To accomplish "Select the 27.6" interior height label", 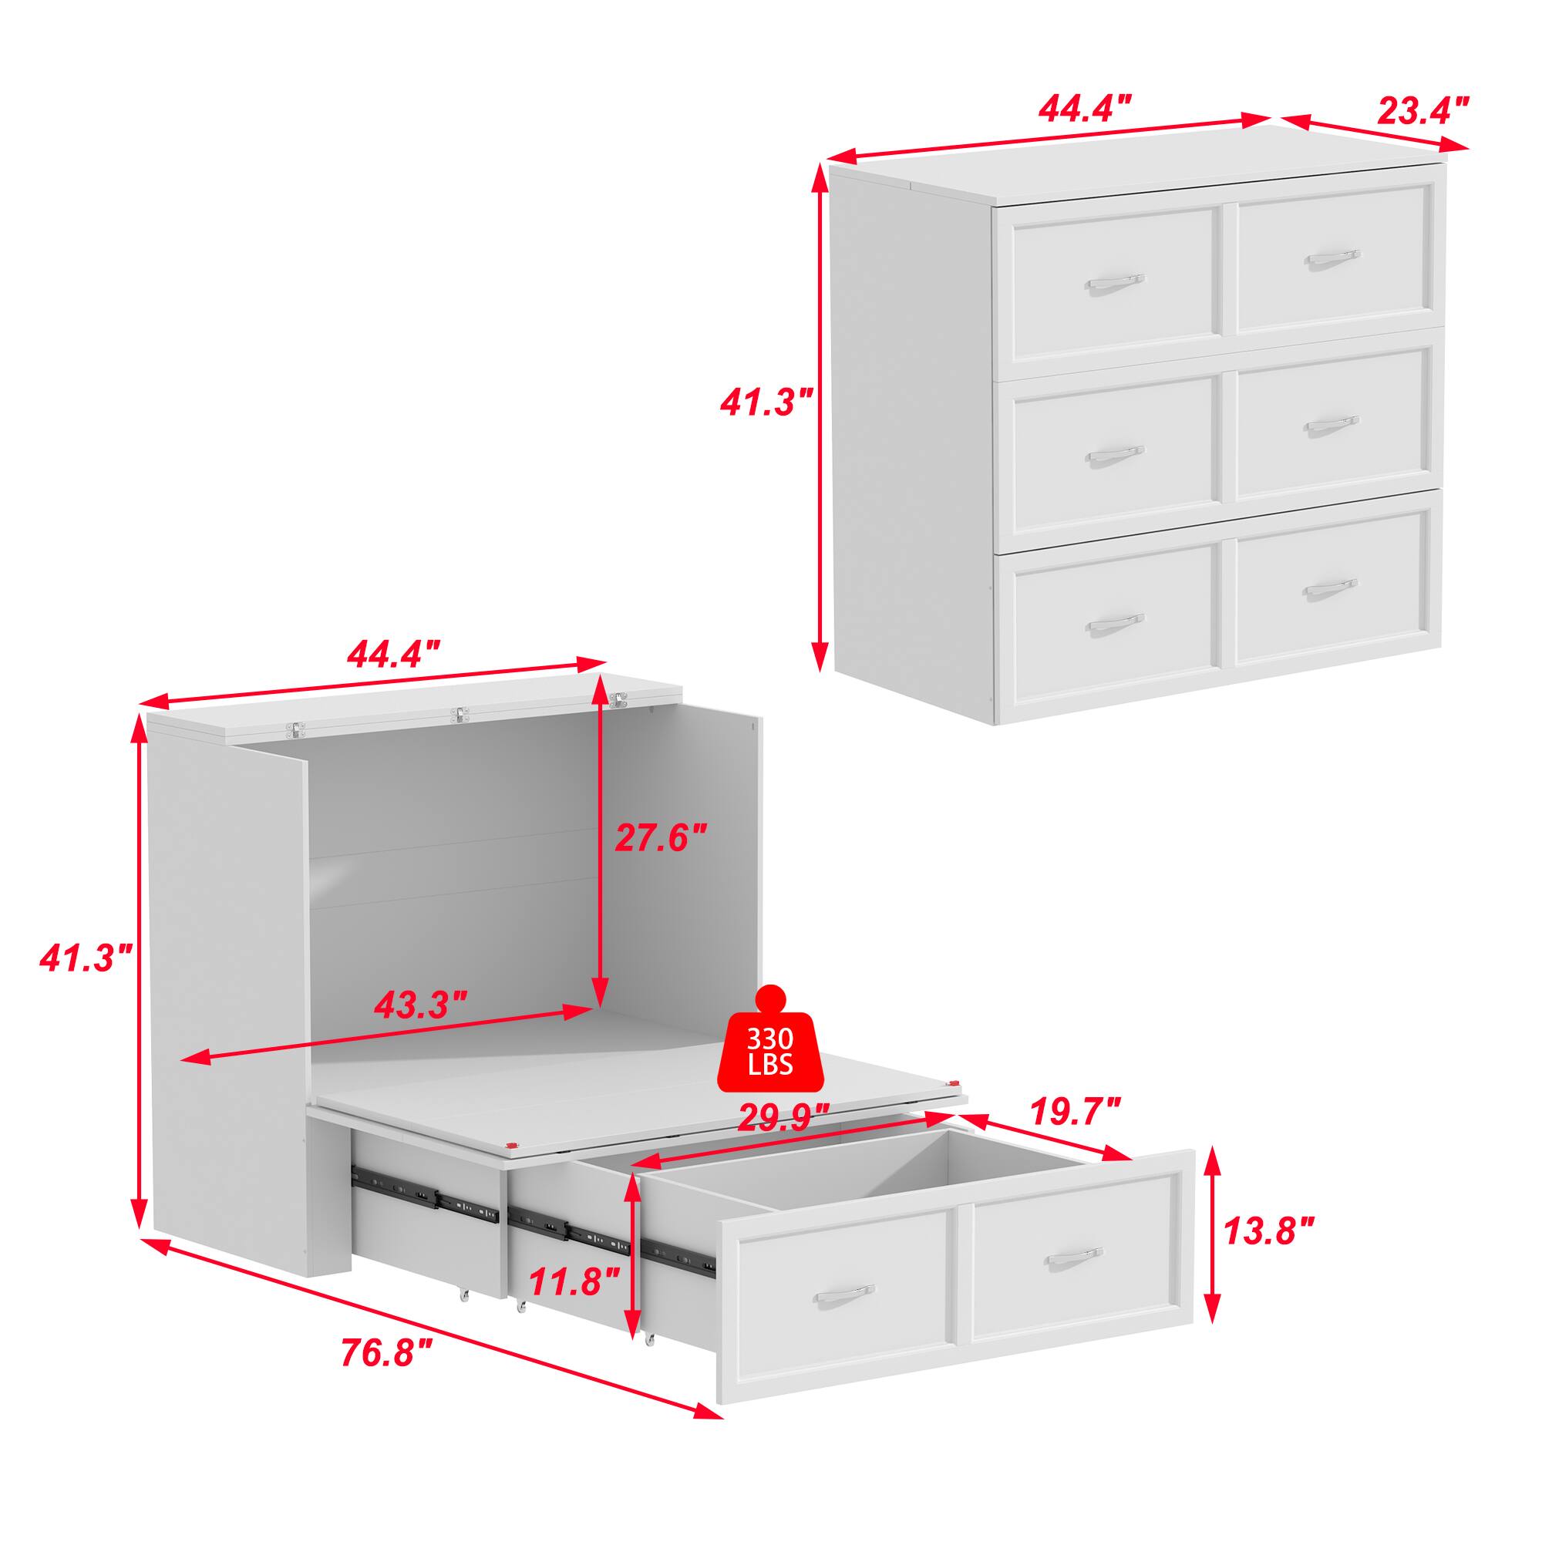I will coord(661,838).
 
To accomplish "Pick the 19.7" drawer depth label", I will coord(1075,1110).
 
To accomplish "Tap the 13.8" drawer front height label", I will coord(1269,1254).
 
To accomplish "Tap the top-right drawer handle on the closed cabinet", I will coord(1332,259).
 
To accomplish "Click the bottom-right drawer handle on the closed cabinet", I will coord(1331,588).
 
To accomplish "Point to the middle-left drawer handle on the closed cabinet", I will coord(1115,456).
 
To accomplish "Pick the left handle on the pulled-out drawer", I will coord(845,1293).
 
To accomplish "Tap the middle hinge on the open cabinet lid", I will coord(458,715).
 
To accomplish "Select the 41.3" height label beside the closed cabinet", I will coord(766,402).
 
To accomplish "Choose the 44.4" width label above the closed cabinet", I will coord(1085,108).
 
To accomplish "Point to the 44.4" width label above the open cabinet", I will coord(393,654).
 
